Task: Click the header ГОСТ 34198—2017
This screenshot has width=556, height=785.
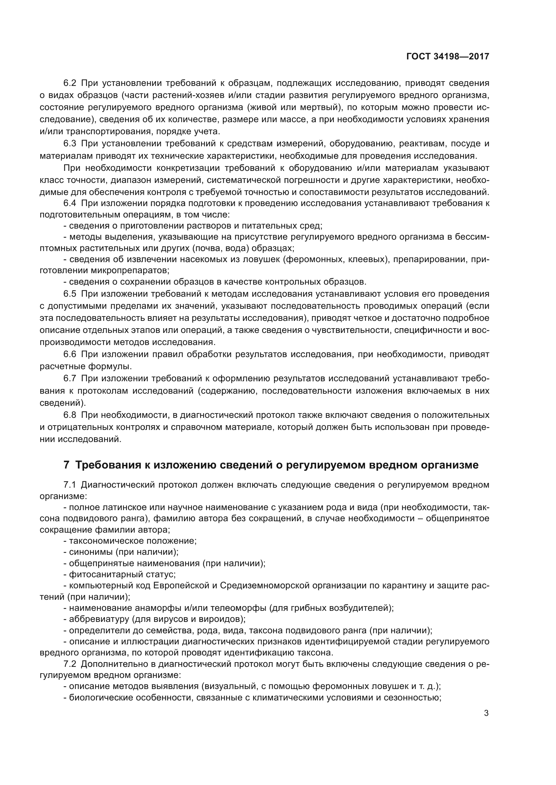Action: coord(447,56)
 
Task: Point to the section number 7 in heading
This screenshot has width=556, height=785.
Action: coord(67,465)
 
